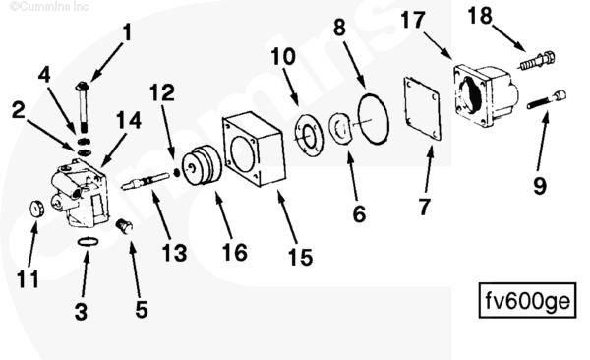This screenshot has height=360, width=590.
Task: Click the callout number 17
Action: (x=413, y=20)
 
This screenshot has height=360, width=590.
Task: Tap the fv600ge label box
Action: (x=527, y=300)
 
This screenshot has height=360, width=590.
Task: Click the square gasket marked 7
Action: (x=422, y=109)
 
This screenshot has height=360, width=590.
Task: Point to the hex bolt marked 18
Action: (x=537, y=61)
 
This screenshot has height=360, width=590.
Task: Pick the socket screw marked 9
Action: (x=547, y=99)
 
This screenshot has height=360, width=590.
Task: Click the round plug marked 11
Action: (x=36, y=209)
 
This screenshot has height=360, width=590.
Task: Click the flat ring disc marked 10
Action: (x=309, y=136)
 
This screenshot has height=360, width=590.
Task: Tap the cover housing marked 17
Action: (x=486, y=95)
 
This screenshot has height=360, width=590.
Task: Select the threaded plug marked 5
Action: (x=124, y=226)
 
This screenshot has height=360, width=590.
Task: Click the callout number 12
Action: (x=162, y=92)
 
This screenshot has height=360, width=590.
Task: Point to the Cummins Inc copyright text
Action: (x=49, y=6)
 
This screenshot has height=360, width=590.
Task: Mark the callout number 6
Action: (x=359, y=213)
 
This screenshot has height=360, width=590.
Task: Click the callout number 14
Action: (x=129, y=121)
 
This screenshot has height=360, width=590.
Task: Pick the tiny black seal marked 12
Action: (x=176, y=172)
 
